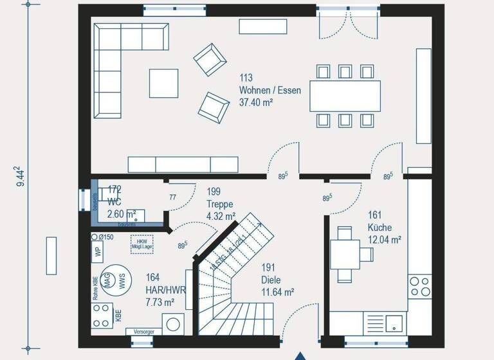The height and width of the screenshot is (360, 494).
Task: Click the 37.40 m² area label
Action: point(257,102)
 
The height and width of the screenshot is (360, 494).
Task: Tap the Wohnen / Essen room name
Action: point(270,91)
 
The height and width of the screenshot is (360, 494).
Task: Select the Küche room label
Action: point(380,228)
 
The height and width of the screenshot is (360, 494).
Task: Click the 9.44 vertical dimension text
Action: point(21,176)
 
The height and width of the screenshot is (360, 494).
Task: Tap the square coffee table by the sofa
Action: point(164,83)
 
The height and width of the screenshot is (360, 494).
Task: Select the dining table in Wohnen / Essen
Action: point(345,96)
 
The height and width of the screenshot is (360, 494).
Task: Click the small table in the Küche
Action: point(345,249)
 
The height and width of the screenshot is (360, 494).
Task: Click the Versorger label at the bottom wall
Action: point(143,332)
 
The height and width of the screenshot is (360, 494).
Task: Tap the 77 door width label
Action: point(172,197)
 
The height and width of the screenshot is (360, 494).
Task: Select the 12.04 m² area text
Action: point(385,240)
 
